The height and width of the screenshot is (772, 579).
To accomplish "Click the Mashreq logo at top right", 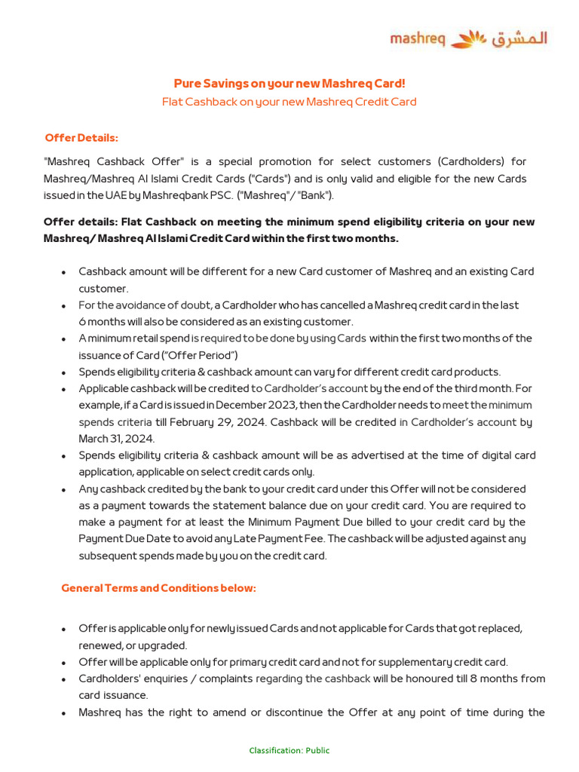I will (468, 38).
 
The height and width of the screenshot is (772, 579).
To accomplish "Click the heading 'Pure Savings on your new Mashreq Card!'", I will (289, 83).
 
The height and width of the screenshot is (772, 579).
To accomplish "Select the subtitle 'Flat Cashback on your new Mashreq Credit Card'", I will (289, 102).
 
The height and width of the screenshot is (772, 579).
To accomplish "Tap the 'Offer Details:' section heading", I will (81, 138).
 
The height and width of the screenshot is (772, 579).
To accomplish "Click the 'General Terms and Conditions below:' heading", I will (158, 588).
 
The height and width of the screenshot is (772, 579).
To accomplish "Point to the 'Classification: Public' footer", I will (289, 750).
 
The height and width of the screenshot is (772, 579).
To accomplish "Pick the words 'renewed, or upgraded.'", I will (133, 645).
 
